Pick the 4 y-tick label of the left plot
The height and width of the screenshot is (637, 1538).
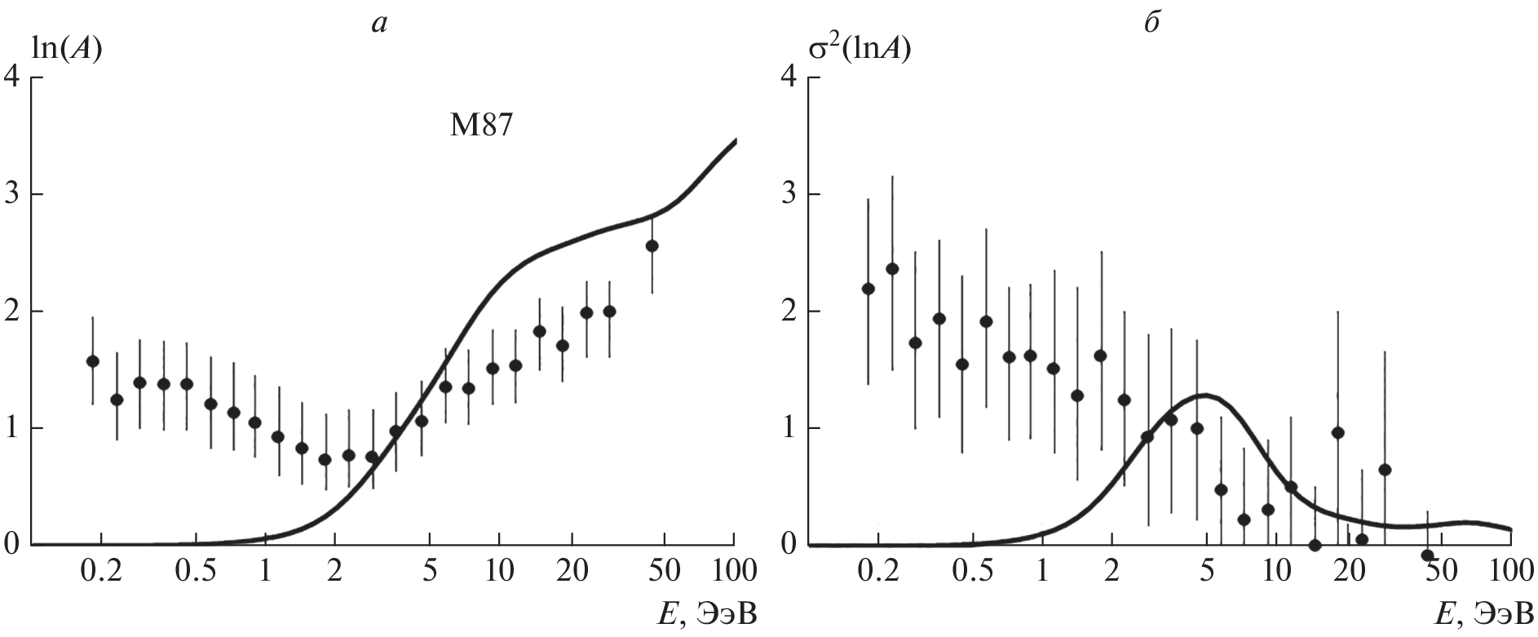pos(13,78)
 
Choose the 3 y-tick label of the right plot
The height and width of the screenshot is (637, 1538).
pos(788,195)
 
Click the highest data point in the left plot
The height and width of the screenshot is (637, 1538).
pos(652,246)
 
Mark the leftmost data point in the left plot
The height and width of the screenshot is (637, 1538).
pos(92,361)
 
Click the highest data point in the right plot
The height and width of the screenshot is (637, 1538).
pos(892,268)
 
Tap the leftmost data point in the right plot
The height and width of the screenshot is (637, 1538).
pos(868,288)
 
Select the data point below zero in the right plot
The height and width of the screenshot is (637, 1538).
pos(1427,555)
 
